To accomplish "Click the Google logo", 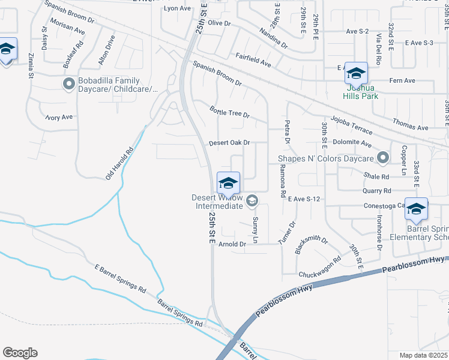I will point(20,353).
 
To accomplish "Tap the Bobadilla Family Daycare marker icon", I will point(68,85).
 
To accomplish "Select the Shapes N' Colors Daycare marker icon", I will point(383,159).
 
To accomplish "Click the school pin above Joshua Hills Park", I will point(356,74).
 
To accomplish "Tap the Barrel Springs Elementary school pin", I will point(416,209).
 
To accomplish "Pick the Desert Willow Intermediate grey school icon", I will point(253,200).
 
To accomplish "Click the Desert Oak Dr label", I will point(229,143).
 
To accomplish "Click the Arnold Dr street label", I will point(232,244).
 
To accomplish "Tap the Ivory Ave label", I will point(59,117).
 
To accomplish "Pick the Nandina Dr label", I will point(274,38).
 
